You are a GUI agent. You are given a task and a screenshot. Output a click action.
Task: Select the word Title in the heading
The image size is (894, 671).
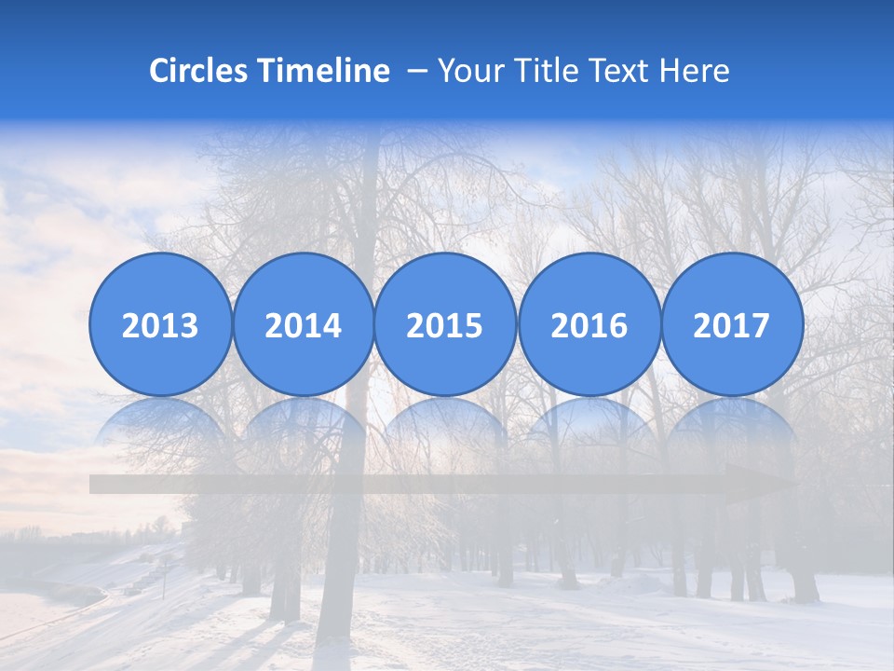[544, 71]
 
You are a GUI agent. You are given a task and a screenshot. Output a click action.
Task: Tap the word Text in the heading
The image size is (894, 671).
[618, 71]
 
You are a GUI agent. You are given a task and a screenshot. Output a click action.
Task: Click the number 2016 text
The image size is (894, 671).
[589, 326]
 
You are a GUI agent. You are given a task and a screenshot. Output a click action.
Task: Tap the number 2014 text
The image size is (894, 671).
[303, 326]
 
